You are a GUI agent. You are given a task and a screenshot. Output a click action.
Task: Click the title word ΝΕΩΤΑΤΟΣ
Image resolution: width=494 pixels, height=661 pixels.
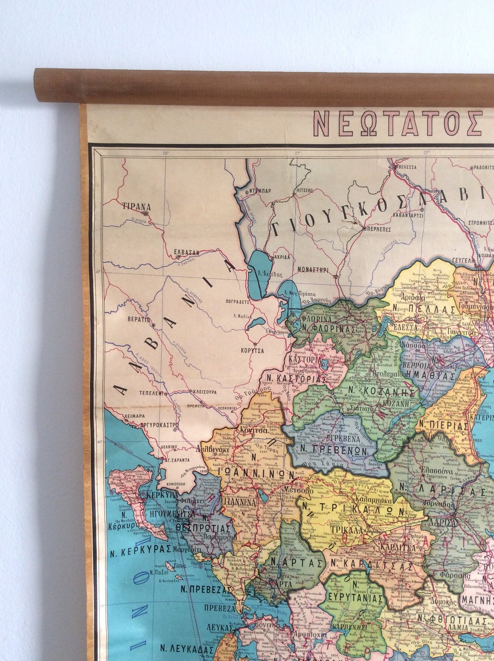click(x=398, y=123)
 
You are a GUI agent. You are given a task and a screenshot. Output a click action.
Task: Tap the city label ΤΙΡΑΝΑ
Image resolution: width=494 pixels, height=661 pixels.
click(x=136, y=206)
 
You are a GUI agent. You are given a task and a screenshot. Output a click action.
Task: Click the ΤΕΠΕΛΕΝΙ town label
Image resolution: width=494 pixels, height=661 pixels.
click(x=151, y=393)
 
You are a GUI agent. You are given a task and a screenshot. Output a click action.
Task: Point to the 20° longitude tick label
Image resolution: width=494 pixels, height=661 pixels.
click(x=165, y=153)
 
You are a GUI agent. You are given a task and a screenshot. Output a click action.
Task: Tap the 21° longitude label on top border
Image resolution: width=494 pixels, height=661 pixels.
click(x=297, y=153)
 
